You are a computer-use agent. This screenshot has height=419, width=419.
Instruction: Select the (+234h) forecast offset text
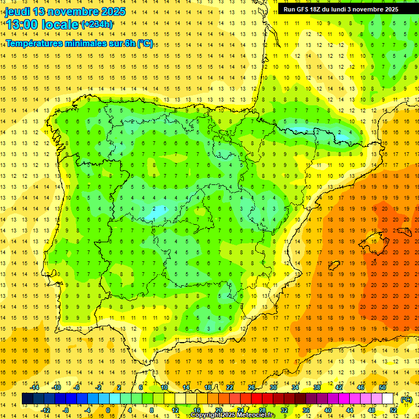pos(97,24)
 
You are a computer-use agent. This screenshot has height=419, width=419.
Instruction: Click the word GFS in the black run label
pos(306,9)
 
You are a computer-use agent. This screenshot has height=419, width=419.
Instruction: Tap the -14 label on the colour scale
pos(35,387)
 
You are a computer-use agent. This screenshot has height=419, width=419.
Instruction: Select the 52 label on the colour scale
pos(393,410)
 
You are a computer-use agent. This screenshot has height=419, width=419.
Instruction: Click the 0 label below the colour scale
pos(108,410)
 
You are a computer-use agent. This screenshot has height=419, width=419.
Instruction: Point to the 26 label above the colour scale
pos(252,387)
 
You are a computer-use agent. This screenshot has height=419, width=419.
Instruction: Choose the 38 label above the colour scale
pos(317,387)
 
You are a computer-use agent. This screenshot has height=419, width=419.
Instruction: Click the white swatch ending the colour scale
pos(388,399)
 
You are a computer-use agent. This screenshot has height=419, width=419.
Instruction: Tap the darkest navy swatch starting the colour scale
pos(27,399)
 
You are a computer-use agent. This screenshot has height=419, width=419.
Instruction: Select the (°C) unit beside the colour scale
pos(406,399)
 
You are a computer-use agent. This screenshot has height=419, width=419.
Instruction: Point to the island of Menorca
pos(405,220)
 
